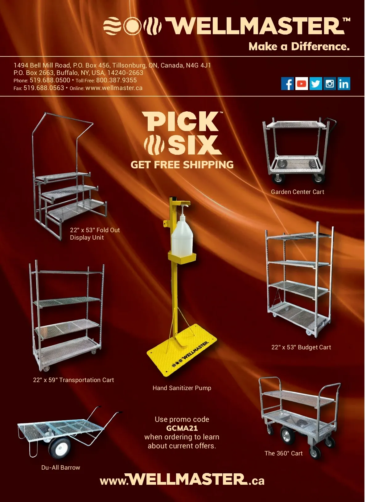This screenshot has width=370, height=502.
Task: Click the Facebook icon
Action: pos(288,84)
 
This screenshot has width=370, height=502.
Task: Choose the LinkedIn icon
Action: pos(344,84)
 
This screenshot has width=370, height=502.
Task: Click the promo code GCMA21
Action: pos(182,428)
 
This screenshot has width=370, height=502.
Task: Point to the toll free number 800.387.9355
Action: pos(116,80)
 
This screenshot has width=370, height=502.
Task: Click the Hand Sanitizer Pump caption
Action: pos(182,388)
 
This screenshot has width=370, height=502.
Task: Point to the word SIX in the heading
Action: pos(195,145)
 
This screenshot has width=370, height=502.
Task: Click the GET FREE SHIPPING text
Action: pos(182,165)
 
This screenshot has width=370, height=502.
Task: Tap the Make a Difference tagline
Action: pos(299,46)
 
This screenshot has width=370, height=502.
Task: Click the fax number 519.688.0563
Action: pos(44,88)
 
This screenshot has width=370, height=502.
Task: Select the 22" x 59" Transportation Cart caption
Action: pos(73,380)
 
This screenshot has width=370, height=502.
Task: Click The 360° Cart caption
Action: pos(283,453)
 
